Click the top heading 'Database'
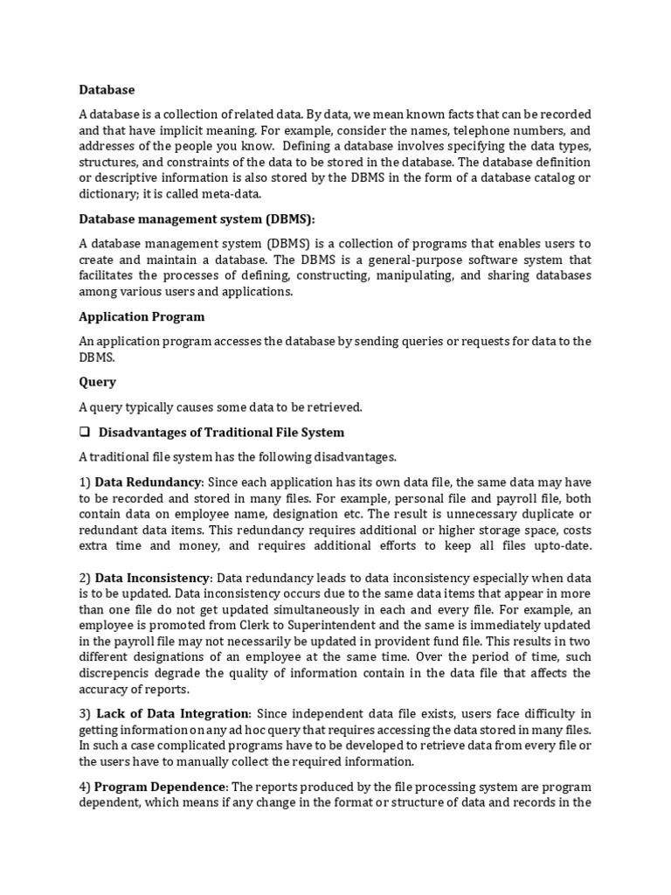107,89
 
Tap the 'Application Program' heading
142,316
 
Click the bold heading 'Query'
97,382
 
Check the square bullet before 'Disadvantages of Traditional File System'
85,432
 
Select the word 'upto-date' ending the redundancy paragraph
561,545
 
